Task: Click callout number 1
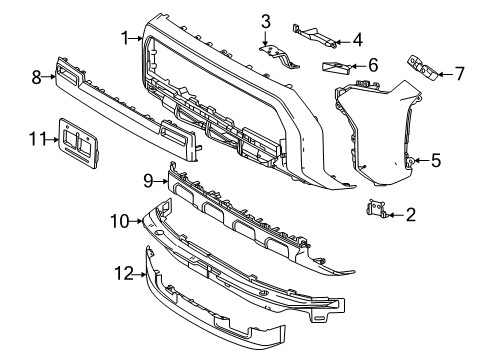point(125,38)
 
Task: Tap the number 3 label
point(265,22)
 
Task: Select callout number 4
point(357,40)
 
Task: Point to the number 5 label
point(436,160)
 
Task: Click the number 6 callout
point(373,65)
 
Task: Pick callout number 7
point(460,73)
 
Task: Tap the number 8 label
point(36,77)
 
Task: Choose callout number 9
point(148,181)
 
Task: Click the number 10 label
point(120,221)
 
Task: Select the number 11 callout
point(37,139)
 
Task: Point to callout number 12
point(124,273)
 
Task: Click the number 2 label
point(411,215)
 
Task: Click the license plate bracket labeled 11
point(78,143)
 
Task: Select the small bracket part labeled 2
point(376,208)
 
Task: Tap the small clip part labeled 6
point(337,66)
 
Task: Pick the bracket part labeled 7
point(422,68)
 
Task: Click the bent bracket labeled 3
point(279,56)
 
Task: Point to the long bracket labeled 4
point(314,35)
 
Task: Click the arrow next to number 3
point(265,38)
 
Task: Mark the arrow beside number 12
point(140,275)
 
